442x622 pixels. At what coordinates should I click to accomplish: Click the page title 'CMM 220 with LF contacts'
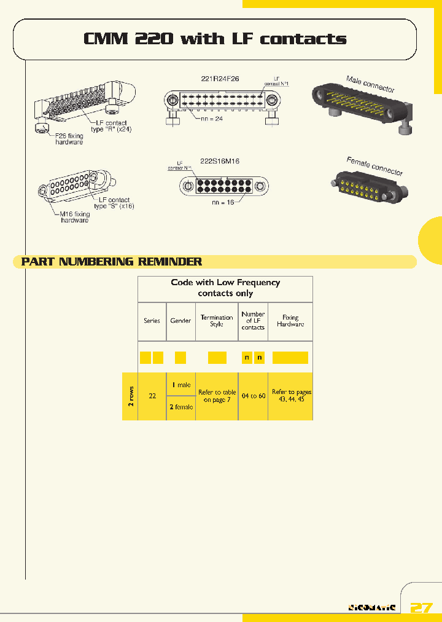point(215,39)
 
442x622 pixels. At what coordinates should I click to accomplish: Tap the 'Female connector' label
point(374,166)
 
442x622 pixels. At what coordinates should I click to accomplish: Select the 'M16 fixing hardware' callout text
point(74,216)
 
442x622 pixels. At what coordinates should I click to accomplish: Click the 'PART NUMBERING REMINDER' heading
point(112,262)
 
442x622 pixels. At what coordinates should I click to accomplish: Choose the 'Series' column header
point(152,321)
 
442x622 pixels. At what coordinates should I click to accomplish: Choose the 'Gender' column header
point(180,321)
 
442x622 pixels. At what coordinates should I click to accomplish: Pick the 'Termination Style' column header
point(217,321)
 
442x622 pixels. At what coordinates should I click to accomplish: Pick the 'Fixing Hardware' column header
point(290,321)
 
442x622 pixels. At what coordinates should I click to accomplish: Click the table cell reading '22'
point(152,396)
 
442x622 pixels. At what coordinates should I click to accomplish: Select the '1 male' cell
point(181,385)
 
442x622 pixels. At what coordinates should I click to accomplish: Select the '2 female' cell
point(181,407)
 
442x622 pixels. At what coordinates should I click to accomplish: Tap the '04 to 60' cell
point(253,396)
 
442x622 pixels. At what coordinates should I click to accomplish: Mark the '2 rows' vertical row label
point(131,396)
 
